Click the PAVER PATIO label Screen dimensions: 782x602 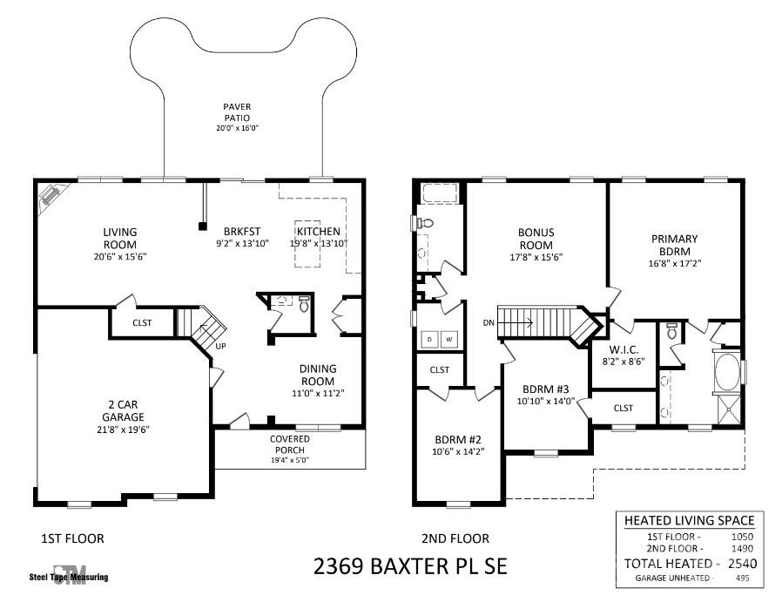[237, 112]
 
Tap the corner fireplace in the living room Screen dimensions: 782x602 [51, 194]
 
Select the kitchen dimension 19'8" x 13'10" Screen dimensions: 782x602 [318, 244]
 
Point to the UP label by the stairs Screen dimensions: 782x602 [220, 346]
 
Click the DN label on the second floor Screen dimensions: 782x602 [489, 322]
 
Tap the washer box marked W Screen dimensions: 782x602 [449, 340]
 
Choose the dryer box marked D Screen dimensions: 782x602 [430, 340]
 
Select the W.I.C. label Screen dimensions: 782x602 [624, 350]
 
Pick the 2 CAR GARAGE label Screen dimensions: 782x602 [123, 410]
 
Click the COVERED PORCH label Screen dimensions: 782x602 [290, 444]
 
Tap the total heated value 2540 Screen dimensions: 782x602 [743, 564]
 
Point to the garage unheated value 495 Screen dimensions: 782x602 [743, 578]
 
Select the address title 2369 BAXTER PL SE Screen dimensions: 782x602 [410, 566]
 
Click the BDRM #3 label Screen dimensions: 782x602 [546, 389]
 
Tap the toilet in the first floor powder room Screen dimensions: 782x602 [304, 304]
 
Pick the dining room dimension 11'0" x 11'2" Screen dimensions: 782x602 [318, 393]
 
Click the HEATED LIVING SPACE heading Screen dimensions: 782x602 [689, 521]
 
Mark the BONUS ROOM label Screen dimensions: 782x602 [536, 239]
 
